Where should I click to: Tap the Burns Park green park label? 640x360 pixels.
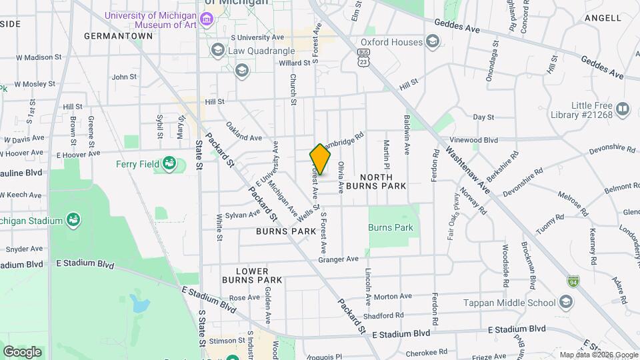[x=391, y=227]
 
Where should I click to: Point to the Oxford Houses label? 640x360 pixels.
[x=392, y=42]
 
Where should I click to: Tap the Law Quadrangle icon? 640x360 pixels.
[x=217, y=50]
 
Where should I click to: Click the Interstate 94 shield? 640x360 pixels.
[x=573, y=282]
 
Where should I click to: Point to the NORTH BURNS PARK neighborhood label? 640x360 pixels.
[x=383, y=181]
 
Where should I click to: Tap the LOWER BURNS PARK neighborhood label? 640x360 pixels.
[x=252, y=275]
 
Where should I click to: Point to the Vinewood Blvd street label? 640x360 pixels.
[x=475, y=140]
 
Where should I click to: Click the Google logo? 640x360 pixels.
[x=22, y=351]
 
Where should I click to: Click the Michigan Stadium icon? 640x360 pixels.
[x=73, y=221]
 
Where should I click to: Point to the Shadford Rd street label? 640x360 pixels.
[x=385, y=315]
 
